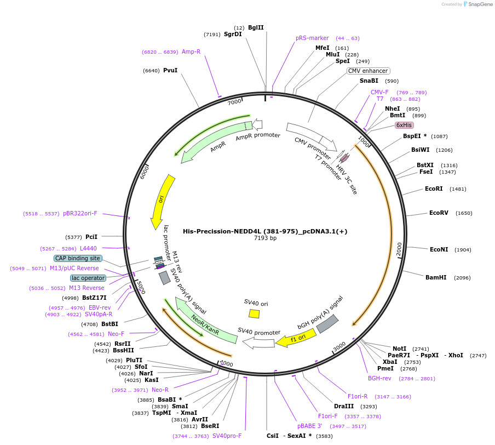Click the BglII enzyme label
pos(256,27)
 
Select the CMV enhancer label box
pos(369,71)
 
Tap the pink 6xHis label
pos(404,125)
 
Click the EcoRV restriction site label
pos(439,213)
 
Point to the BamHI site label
pos(435,277)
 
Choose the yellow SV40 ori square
pos(254,313)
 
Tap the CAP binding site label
pos(78,258)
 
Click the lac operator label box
pos(88,278)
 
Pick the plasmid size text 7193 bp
pos(265,238)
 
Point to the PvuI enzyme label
pos(170,70)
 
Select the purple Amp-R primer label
pos(191,52)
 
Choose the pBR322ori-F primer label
pos(80,213)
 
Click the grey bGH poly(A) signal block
pos(327,324)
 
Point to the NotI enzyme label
pos(400,349)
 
